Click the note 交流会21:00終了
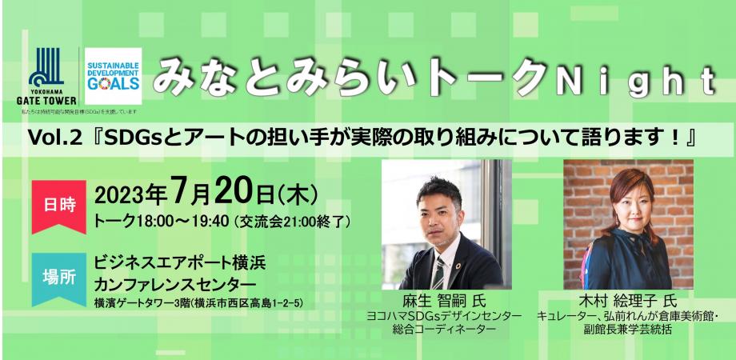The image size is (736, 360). tap(293, 221)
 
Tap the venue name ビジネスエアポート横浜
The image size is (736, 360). tap(179, 262)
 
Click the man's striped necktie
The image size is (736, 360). tap(438, 271)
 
